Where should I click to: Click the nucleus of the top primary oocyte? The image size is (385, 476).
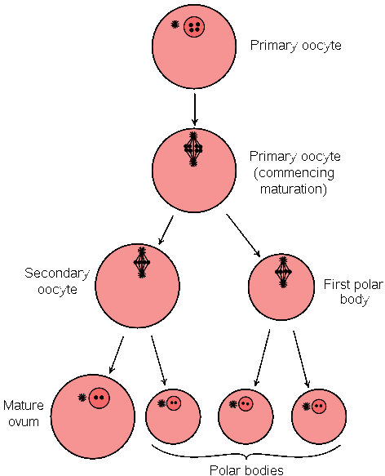[194, 27]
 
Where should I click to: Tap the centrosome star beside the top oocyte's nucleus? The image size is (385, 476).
[175, 24]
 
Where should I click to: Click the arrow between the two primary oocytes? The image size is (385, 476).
[195, 109]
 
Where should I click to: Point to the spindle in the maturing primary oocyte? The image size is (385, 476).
[193, 149]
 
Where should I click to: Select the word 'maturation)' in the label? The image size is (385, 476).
[294, 189]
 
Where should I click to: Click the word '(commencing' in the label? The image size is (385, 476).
[294, 173]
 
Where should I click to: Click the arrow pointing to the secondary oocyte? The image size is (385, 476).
[166, 229]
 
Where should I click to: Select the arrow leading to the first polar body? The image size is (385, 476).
[243, 236]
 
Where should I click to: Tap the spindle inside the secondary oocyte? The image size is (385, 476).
[142, 263]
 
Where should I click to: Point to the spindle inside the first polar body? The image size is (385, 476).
[283, 272]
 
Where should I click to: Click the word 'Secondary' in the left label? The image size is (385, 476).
[57, 274]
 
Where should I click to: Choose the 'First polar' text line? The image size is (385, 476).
[353, 284]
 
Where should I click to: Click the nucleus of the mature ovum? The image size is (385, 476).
[99, 398]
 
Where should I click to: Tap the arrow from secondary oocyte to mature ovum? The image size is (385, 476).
[117, 355]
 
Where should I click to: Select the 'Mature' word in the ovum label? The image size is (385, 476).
[24, 405]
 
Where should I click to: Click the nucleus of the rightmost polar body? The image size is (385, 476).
[319, 406]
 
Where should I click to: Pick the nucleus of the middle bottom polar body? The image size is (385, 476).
[246, 404]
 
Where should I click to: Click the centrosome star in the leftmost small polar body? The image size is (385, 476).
[162, 403]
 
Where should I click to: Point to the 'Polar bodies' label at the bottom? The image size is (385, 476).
[246, 469]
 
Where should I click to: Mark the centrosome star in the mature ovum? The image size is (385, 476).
[82, 397]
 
